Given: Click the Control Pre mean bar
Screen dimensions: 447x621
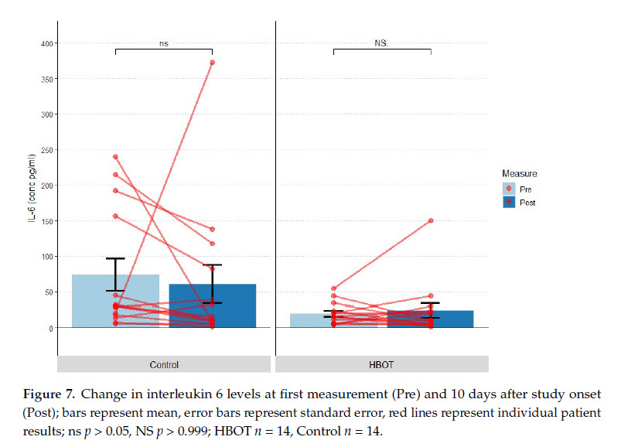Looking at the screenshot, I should (93, 302).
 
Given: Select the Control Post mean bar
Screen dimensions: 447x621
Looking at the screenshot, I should (232, 306).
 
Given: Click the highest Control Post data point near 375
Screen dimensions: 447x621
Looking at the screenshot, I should (213, 63).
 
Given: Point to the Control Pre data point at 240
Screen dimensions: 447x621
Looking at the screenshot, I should (115, 157).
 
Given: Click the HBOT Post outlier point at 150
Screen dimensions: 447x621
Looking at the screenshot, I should (431, 220).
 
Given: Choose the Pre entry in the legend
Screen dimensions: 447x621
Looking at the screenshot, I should (525, 189).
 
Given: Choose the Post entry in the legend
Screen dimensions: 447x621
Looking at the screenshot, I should (527, 203).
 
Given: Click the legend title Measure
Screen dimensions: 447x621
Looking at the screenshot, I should (519, 174).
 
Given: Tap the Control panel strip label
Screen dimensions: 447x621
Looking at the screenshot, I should (164, 364).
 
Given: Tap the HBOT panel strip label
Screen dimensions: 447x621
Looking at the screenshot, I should (382, 364).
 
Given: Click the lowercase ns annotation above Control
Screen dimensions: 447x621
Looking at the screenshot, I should (164, 44).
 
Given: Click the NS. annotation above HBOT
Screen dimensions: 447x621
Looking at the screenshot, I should (382, 44).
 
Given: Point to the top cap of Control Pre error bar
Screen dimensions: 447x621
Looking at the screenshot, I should (115, 258).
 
